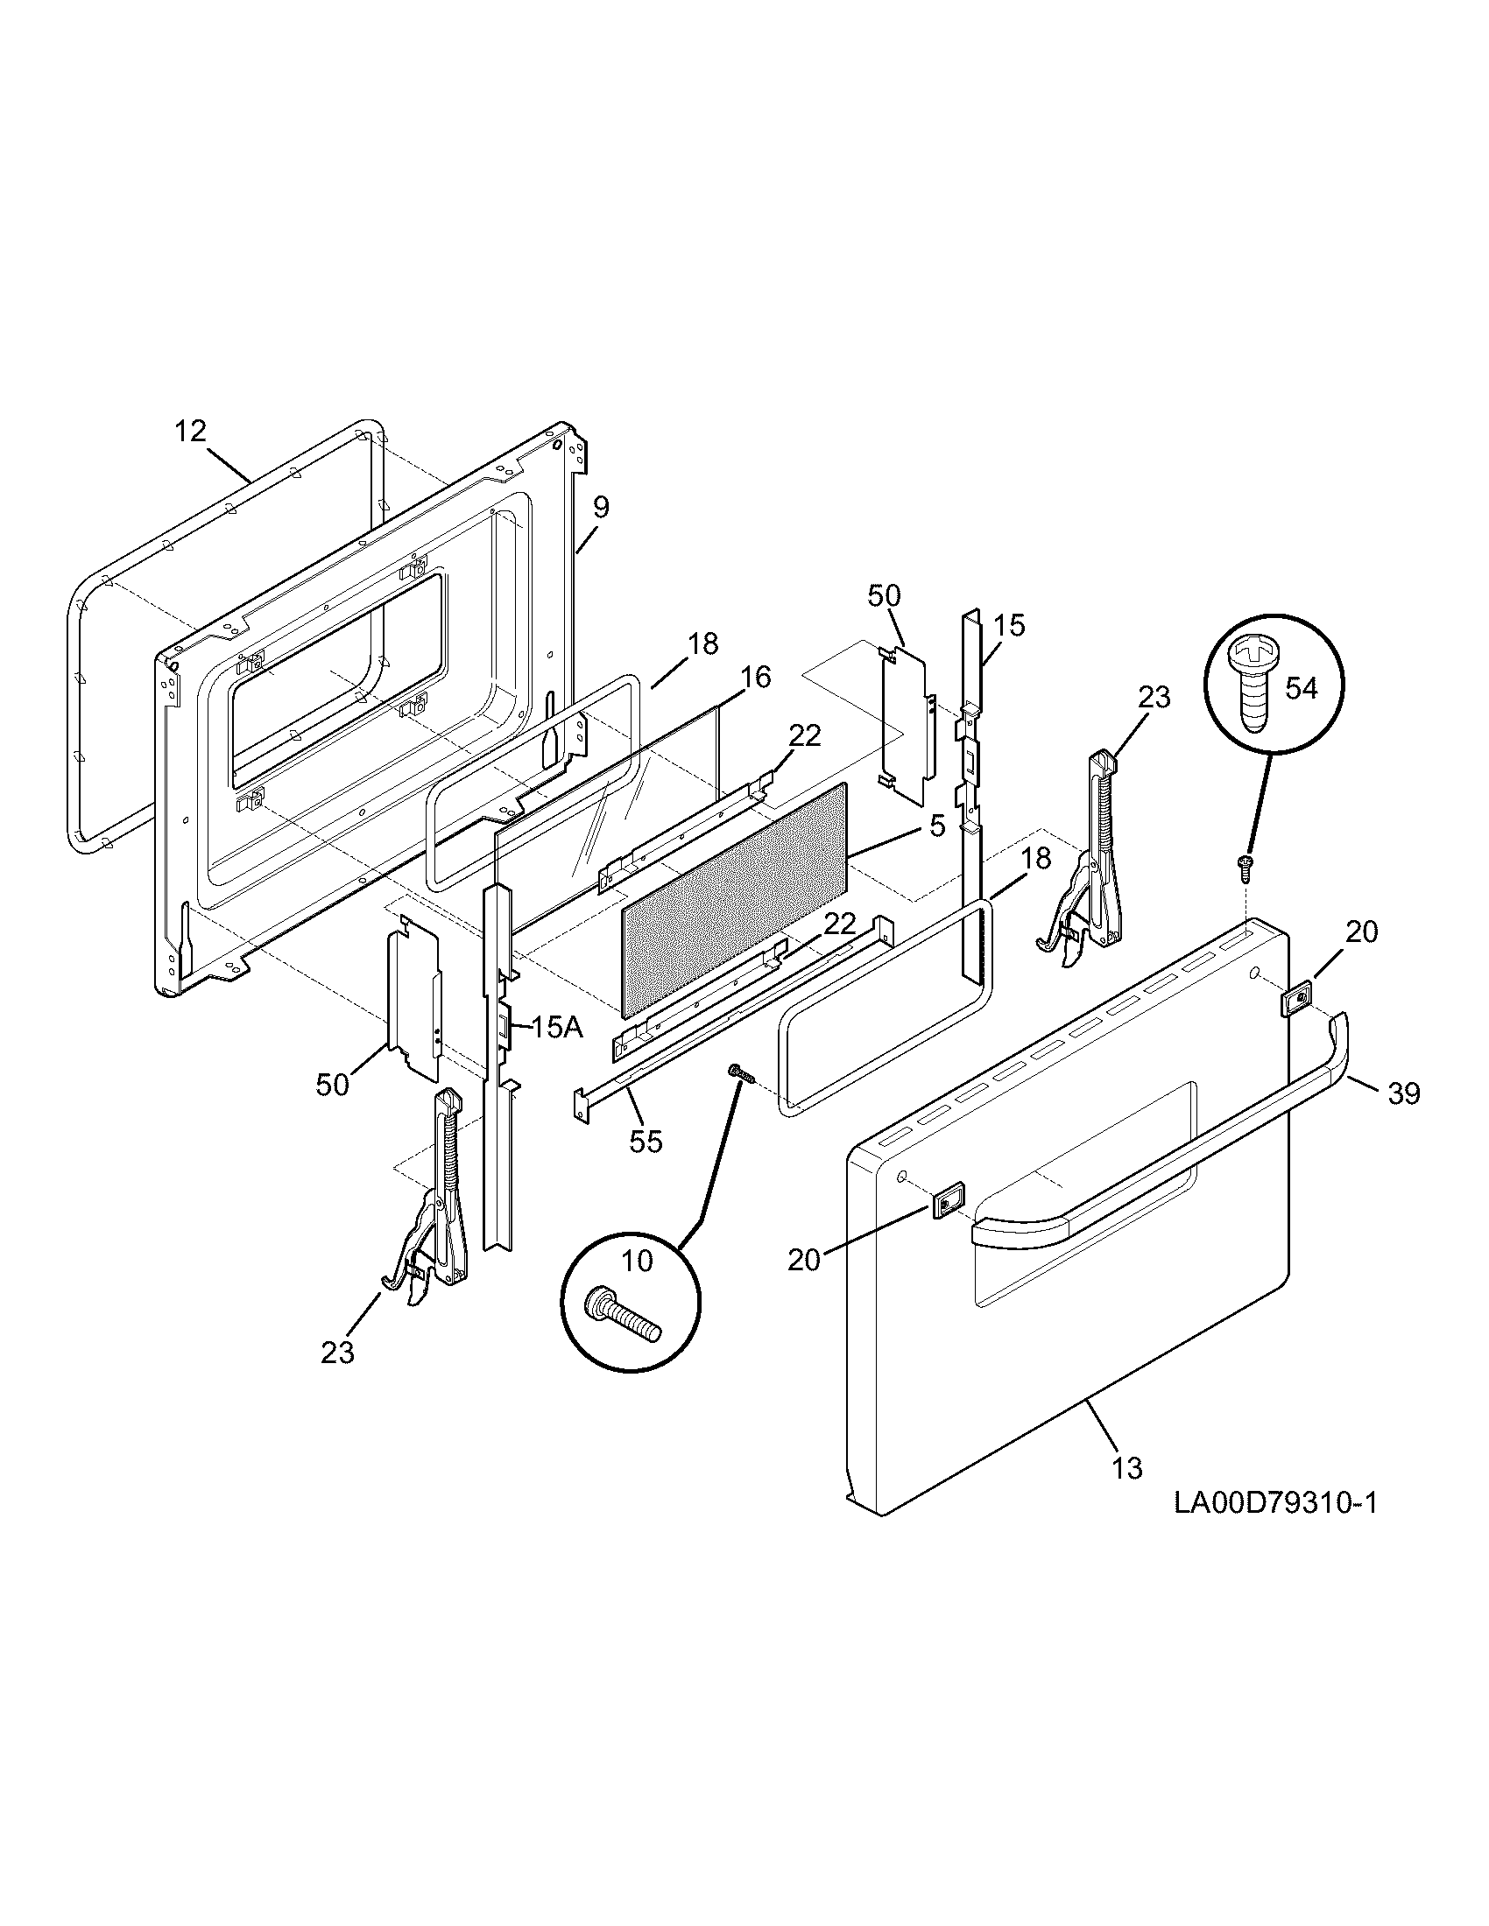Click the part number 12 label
(190, 432)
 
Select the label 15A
(556, 1028)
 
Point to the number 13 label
(1127, 1468)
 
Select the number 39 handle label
(1403, 1093)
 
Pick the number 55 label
(646, 1141)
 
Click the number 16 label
(755, 678)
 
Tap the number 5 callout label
(937, 826)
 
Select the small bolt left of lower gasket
(739, 1074)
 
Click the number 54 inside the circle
(1300, 688)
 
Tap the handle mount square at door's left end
(945, 1203)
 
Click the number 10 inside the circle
(637, 1261)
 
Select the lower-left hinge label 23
(337, 1352)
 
